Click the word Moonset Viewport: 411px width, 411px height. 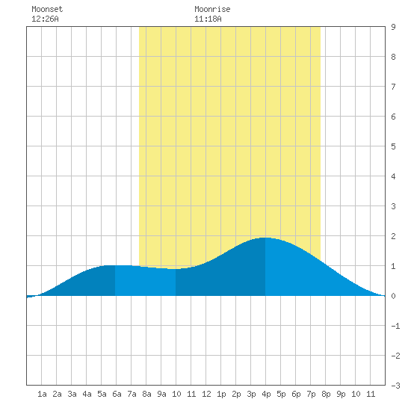(47, 9)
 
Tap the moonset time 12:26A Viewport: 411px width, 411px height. (45, 19)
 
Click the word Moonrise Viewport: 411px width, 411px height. (212, 9)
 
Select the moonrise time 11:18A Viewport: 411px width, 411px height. (208, 19)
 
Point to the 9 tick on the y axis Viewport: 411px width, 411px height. (393, 27)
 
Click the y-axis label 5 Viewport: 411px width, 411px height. (393, 146)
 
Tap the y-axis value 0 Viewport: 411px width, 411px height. (393, 296)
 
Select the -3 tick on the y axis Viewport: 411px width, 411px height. (395, 386)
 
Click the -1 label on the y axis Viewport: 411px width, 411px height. (395, 326)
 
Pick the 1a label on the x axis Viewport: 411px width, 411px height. (42, 394)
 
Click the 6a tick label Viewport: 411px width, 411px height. (117, 394)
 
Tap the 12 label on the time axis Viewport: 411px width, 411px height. (206, 394)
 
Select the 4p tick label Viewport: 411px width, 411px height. (266, 394)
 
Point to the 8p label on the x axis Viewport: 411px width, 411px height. (326, 394)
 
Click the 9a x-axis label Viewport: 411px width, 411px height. (161, 394)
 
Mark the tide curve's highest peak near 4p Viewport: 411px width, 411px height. (265, 238)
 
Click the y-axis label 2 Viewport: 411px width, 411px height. (393, 236)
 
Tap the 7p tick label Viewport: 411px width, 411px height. (311, 394)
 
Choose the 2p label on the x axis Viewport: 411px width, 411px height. (236, 394)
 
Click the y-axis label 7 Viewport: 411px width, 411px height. (393, 87)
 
